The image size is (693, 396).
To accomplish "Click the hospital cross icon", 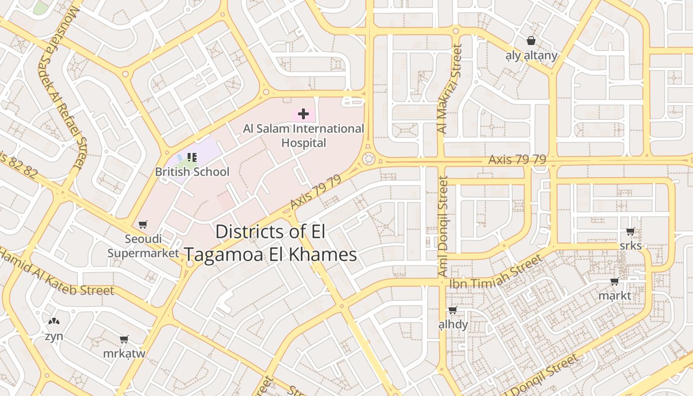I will [303, 114].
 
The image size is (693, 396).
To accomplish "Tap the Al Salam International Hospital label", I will [303, 136].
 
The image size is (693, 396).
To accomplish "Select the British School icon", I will [192, 157].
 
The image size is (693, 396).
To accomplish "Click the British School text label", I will [192, 172].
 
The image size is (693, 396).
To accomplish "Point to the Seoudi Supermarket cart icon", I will [143, 225].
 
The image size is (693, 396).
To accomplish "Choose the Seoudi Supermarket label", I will [143, 246].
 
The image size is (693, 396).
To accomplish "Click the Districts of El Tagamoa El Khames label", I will [270, 243].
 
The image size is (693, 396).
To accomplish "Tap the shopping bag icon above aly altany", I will [531, 41].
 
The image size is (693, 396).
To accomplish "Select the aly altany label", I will [531, 55].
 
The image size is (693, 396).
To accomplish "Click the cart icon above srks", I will [630, 231].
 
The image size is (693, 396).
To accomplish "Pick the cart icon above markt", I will [614, 282].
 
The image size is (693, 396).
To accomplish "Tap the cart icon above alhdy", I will [452, 310].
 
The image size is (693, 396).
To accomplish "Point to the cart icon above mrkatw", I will [124, 340].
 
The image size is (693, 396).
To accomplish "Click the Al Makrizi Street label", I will [449, 89].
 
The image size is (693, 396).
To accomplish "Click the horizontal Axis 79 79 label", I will [517, 159].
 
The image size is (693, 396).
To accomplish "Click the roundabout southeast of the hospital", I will [368, 159].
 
